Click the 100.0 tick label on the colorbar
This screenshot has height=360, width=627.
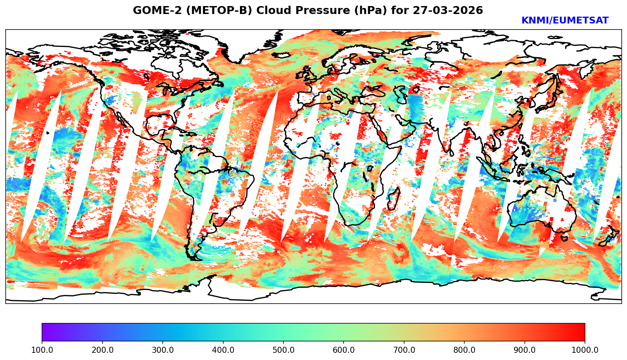(42, 350)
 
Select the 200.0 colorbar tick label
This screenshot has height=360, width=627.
(102, 350)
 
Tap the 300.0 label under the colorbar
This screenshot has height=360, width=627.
(163, 350)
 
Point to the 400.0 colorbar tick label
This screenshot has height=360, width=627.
(223, 350)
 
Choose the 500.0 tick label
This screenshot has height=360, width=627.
(283, 350)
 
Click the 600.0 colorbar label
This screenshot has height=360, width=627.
(344, 350)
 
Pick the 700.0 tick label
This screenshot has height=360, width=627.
(404, 350)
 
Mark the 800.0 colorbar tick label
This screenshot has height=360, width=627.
(464, 350)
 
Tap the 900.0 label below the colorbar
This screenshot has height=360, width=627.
(525, 350)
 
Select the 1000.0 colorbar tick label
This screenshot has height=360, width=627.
(585, 350)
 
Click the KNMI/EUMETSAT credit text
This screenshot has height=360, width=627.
(565, 21)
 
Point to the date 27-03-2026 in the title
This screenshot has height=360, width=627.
(448, 11)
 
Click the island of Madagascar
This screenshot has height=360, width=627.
(394, 199)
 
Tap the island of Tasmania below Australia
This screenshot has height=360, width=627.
(564, 238)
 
